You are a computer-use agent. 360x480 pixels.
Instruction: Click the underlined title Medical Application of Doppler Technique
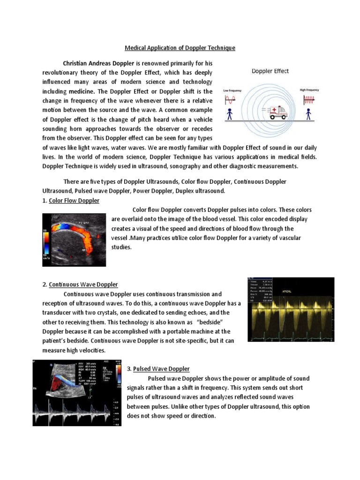click(x=180, y=48)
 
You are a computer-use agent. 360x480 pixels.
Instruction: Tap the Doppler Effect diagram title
click(x=270, y=71)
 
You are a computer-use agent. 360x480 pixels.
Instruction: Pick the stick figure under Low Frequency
click(x=230, y=114)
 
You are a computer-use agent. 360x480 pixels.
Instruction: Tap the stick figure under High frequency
click(x=308, y=114)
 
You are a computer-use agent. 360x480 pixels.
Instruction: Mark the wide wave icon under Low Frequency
click(x=230, y=100)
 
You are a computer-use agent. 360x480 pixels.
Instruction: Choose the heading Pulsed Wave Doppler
click(x=161, y=369)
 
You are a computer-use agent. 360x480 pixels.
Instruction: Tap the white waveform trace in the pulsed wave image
click(x=75, y=412)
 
